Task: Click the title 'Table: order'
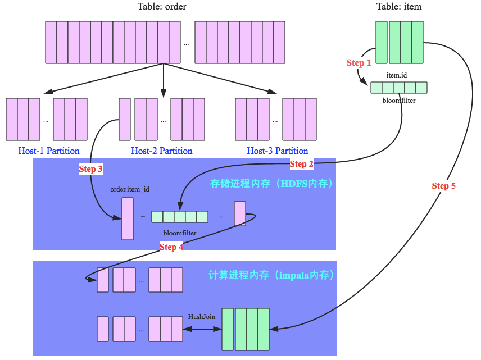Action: click(x=162, y=7)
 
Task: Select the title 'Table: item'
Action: click(x=398, y=7)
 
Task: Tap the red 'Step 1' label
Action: click(x=359, y=63)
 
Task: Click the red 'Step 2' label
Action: click(x=301, y=164)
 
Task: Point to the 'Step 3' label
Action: click(x=90, y=168)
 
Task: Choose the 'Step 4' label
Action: click(x=171, y=247)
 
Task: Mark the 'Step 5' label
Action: click(x=443, y=186)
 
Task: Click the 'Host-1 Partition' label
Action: click(x=49, y=151)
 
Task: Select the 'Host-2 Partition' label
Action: click(x=162, y=151)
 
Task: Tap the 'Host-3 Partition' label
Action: click(x=278, y=151)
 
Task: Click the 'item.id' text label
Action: click(x=396, y=75)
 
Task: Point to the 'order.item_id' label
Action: click(x=130, y=189)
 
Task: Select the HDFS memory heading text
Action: click(x=271, y=184)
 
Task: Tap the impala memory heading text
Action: click(x=271, y=275)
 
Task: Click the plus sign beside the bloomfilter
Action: click(x=143, y=217)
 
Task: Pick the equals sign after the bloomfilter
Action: click(x=221, y=217)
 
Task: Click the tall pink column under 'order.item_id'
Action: click(x=128, y=218)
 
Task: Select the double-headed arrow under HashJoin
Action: click(x=201, y=329)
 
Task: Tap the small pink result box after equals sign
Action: click(x=240, y=214)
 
